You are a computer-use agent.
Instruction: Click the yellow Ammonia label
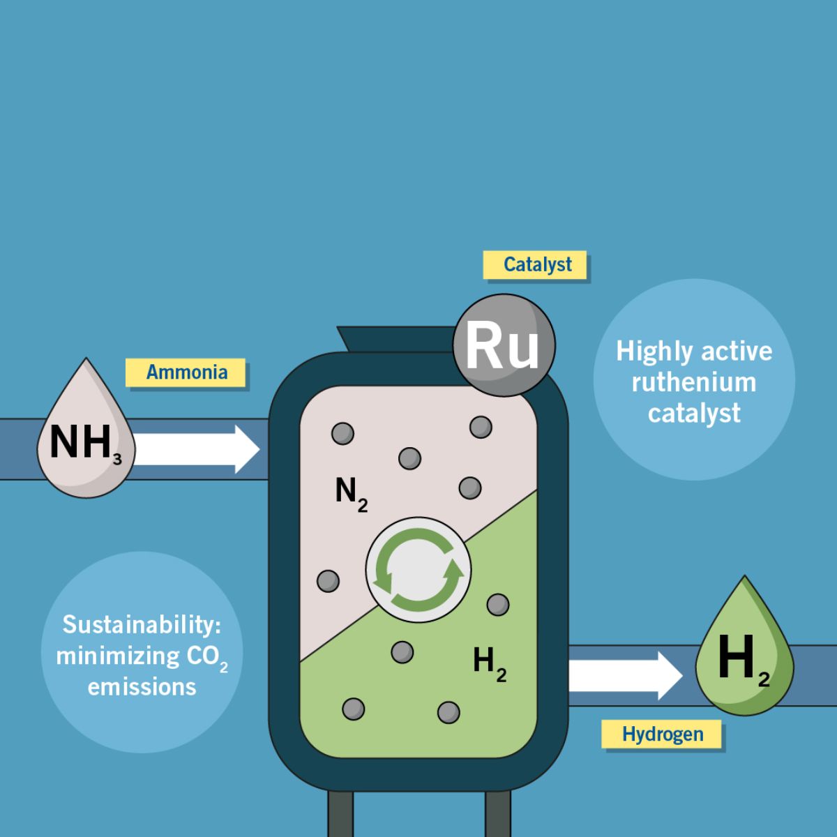click(x=186, y=372)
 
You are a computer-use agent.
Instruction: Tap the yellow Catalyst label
click(x=536, y=265)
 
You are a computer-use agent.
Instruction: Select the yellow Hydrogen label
click(x=662, y=734)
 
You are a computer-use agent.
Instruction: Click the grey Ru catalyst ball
click(x=504, y=346)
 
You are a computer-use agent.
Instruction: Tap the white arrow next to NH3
click(x=195, y=449)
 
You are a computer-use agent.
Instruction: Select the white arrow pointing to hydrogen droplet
click(x=624, y=676)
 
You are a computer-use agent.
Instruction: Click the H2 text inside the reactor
click(x=489, y=662)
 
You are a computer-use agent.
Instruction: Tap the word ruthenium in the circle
click(x=693, y=382)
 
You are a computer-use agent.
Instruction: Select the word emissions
click(x=142, y=687)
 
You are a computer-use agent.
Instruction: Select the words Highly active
click(x=693, y=351)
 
